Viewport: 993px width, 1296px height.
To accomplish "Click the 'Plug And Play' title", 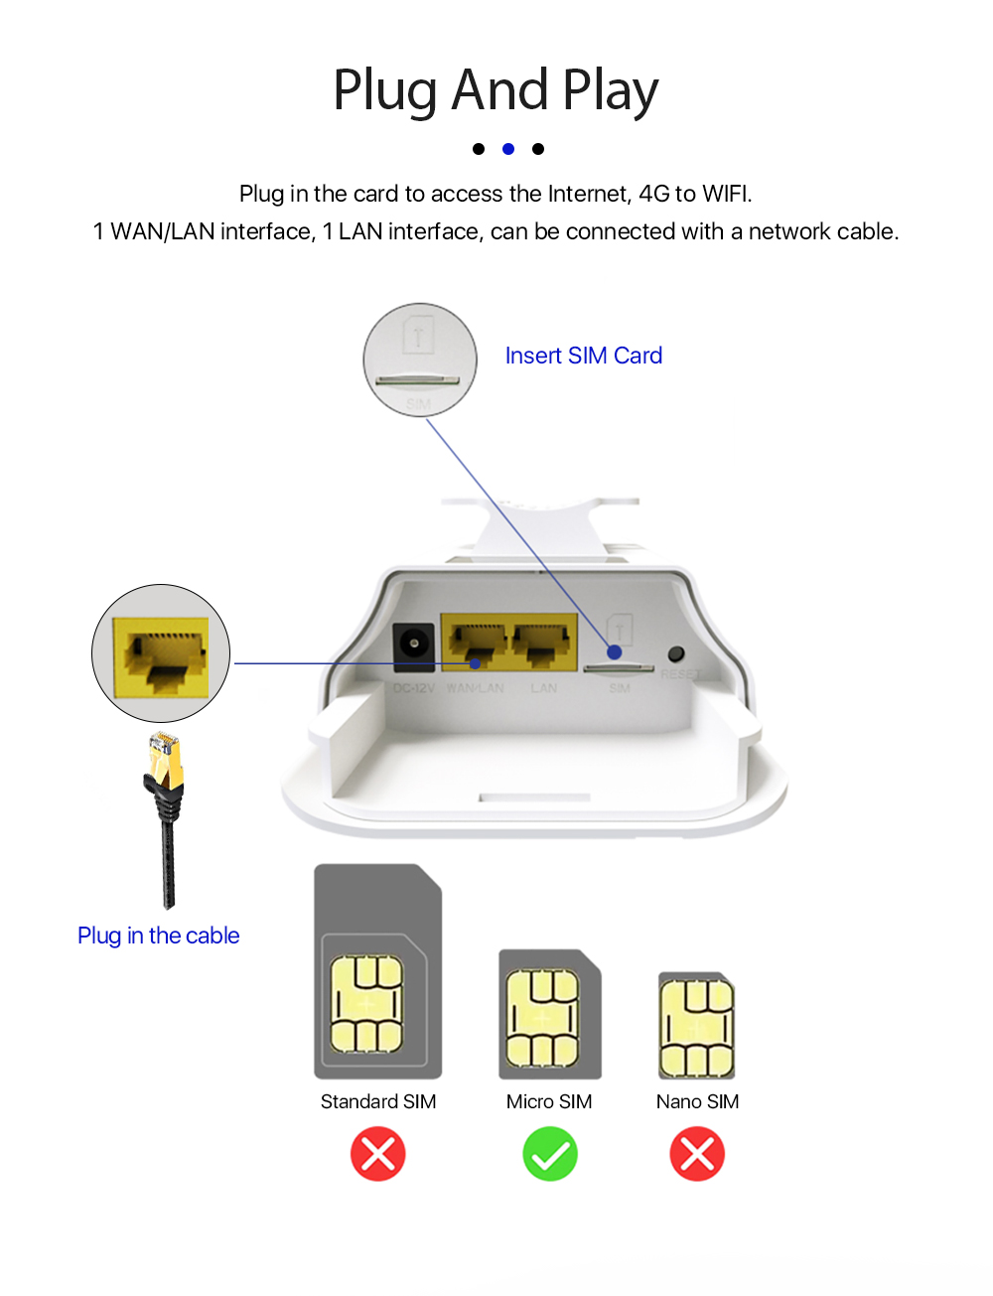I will (x=496, y=89).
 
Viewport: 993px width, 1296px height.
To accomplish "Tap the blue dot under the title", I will (x=508, y=149).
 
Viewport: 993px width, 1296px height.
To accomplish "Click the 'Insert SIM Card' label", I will (x=583, y=356).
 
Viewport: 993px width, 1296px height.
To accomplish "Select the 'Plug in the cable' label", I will (x=159, y=936).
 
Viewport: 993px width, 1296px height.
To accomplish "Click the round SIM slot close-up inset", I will (x=420, y=360).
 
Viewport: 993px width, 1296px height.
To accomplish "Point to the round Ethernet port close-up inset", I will (x=161, y=653).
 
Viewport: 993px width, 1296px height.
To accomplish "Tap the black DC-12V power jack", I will (x=414, y=645).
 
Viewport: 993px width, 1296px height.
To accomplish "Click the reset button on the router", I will (x=676, y=653).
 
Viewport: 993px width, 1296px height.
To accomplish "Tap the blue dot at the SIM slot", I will (x=615, y=652).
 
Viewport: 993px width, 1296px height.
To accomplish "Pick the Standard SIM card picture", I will (x=377, y=971).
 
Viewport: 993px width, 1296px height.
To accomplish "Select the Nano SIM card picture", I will (x=696, y=1026).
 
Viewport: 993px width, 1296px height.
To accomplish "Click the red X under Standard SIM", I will (x=378, y=1154).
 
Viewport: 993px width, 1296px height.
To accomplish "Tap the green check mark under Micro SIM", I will (x=549, y=1154).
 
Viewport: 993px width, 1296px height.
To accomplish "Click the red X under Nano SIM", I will (x=697, y=1154).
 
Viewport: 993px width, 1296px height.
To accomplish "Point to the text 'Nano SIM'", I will (x=697, y=1101).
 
